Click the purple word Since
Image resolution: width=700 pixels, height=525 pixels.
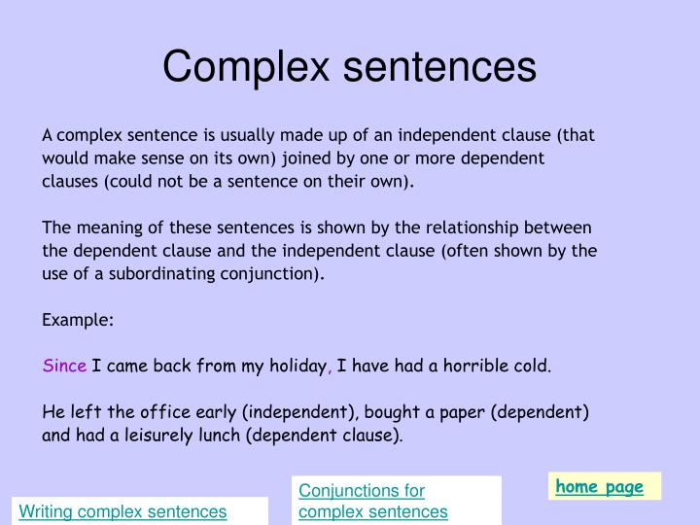pos(65,367)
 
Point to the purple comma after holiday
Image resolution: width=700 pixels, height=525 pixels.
pos(331,368)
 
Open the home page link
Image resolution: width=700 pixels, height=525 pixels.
pos(599,487)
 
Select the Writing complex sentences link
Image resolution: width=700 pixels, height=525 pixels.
pos(123,511)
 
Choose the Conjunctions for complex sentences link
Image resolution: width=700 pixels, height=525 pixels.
pos(373,502)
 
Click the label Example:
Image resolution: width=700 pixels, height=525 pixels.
pos(79,319)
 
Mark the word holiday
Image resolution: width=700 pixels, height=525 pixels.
pos(296,367)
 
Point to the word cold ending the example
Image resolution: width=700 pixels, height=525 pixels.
pos(533,367)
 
